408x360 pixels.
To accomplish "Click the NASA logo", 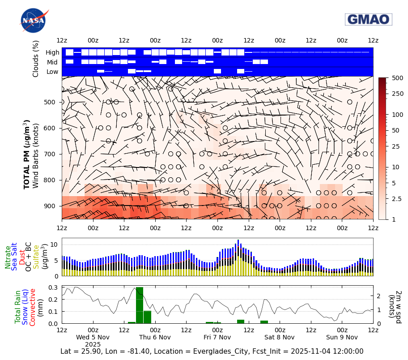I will [x=33, y=21].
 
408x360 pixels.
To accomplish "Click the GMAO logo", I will [x=368, y=19].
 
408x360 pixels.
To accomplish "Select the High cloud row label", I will [x=52, y=52].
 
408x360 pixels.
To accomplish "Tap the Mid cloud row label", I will [x=53, y=62].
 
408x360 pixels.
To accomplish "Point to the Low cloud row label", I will [x=52, y=72].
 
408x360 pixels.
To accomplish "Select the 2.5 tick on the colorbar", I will [x=395, y=198].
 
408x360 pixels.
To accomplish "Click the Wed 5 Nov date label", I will [x=93, y=337].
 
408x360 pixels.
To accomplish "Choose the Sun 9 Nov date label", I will [x=342, y=337].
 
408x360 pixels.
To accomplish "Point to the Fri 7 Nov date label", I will [x=217, y=337].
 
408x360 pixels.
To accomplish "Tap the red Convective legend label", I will [x=33, y=307].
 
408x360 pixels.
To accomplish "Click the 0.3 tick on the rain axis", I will [x=53, y=287].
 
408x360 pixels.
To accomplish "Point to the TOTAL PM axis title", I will [x=27, y=154].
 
